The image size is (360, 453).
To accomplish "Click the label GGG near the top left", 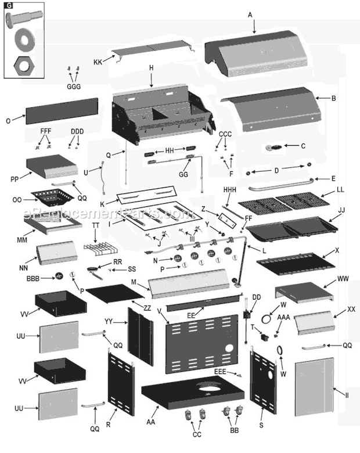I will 74,87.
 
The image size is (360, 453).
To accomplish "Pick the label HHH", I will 230,190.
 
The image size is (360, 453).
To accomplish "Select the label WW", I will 344,280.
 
